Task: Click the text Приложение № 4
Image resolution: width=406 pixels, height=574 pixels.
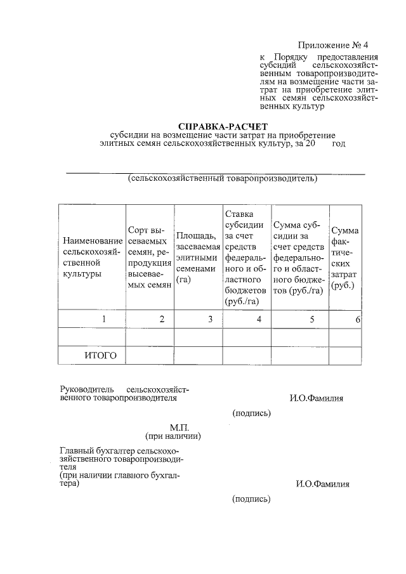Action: click(332, 46)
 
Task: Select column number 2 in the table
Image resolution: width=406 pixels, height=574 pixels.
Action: click(162, 319)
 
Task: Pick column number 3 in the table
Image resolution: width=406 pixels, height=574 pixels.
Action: click(209, 319)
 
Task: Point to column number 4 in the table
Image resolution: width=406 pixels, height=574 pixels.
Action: click(259, 319)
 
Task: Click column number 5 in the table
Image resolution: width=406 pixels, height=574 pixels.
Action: click(312, 319)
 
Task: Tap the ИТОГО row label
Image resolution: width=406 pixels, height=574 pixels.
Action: click(100, 355)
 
